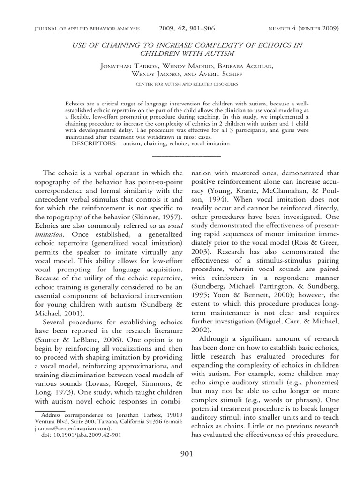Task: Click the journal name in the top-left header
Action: click(x=79, y=29)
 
